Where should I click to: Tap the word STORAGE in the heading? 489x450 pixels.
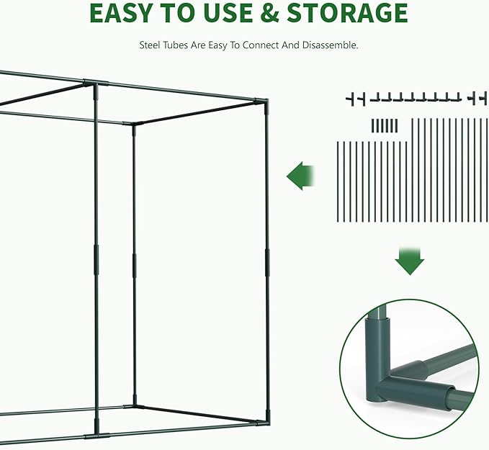click(346, 14)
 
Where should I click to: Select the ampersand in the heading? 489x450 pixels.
click(267, 14)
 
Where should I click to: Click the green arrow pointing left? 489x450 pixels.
click(302, 176)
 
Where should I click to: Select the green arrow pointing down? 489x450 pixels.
click(409, 260)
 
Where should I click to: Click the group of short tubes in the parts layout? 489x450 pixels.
click(384, 125)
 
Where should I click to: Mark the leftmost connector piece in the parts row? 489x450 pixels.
click(351, 98)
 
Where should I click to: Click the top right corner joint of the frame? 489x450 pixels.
click(264, 103)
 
